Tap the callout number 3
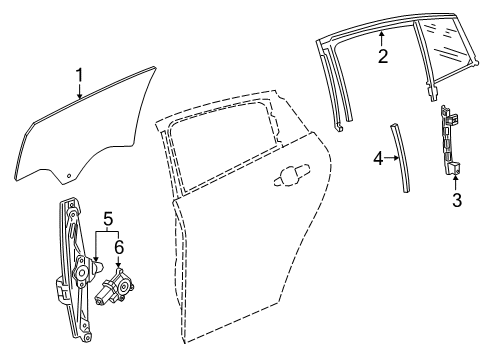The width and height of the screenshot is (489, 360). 457,200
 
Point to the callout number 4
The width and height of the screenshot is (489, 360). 378,157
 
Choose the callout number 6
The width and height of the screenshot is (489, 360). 118,245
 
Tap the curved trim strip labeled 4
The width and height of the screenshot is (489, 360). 401,160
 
